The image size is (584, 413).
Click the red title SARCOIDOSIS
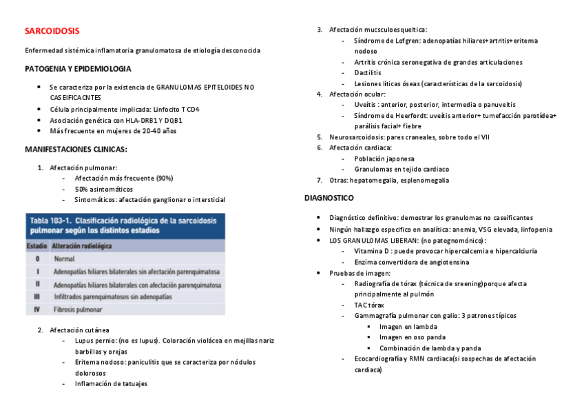coord(52,31)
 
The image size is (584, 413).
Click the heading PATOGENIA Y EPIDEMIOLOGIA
coord(78,69)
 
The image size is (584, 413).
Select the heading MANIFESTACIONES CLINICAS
coord(76,149)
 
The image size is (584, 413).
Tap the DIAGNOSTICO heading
coord(329,198)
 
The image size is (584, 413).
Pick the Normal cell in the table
coord(64,259)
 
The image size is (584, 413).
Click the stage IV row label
coord(37,310)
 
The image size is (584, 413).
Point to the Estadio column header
coord(36,245)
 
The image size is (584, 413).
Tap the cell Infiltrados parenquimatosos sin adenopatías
coord(112,296)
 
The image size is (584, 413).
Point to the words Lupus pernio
coord(95,341)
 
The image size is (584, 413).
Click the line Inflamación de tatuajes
coord(111,384)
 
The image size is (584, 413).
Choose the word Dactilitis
coord(368,72)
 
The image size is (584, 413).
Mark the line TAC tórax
coord(369,305)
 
